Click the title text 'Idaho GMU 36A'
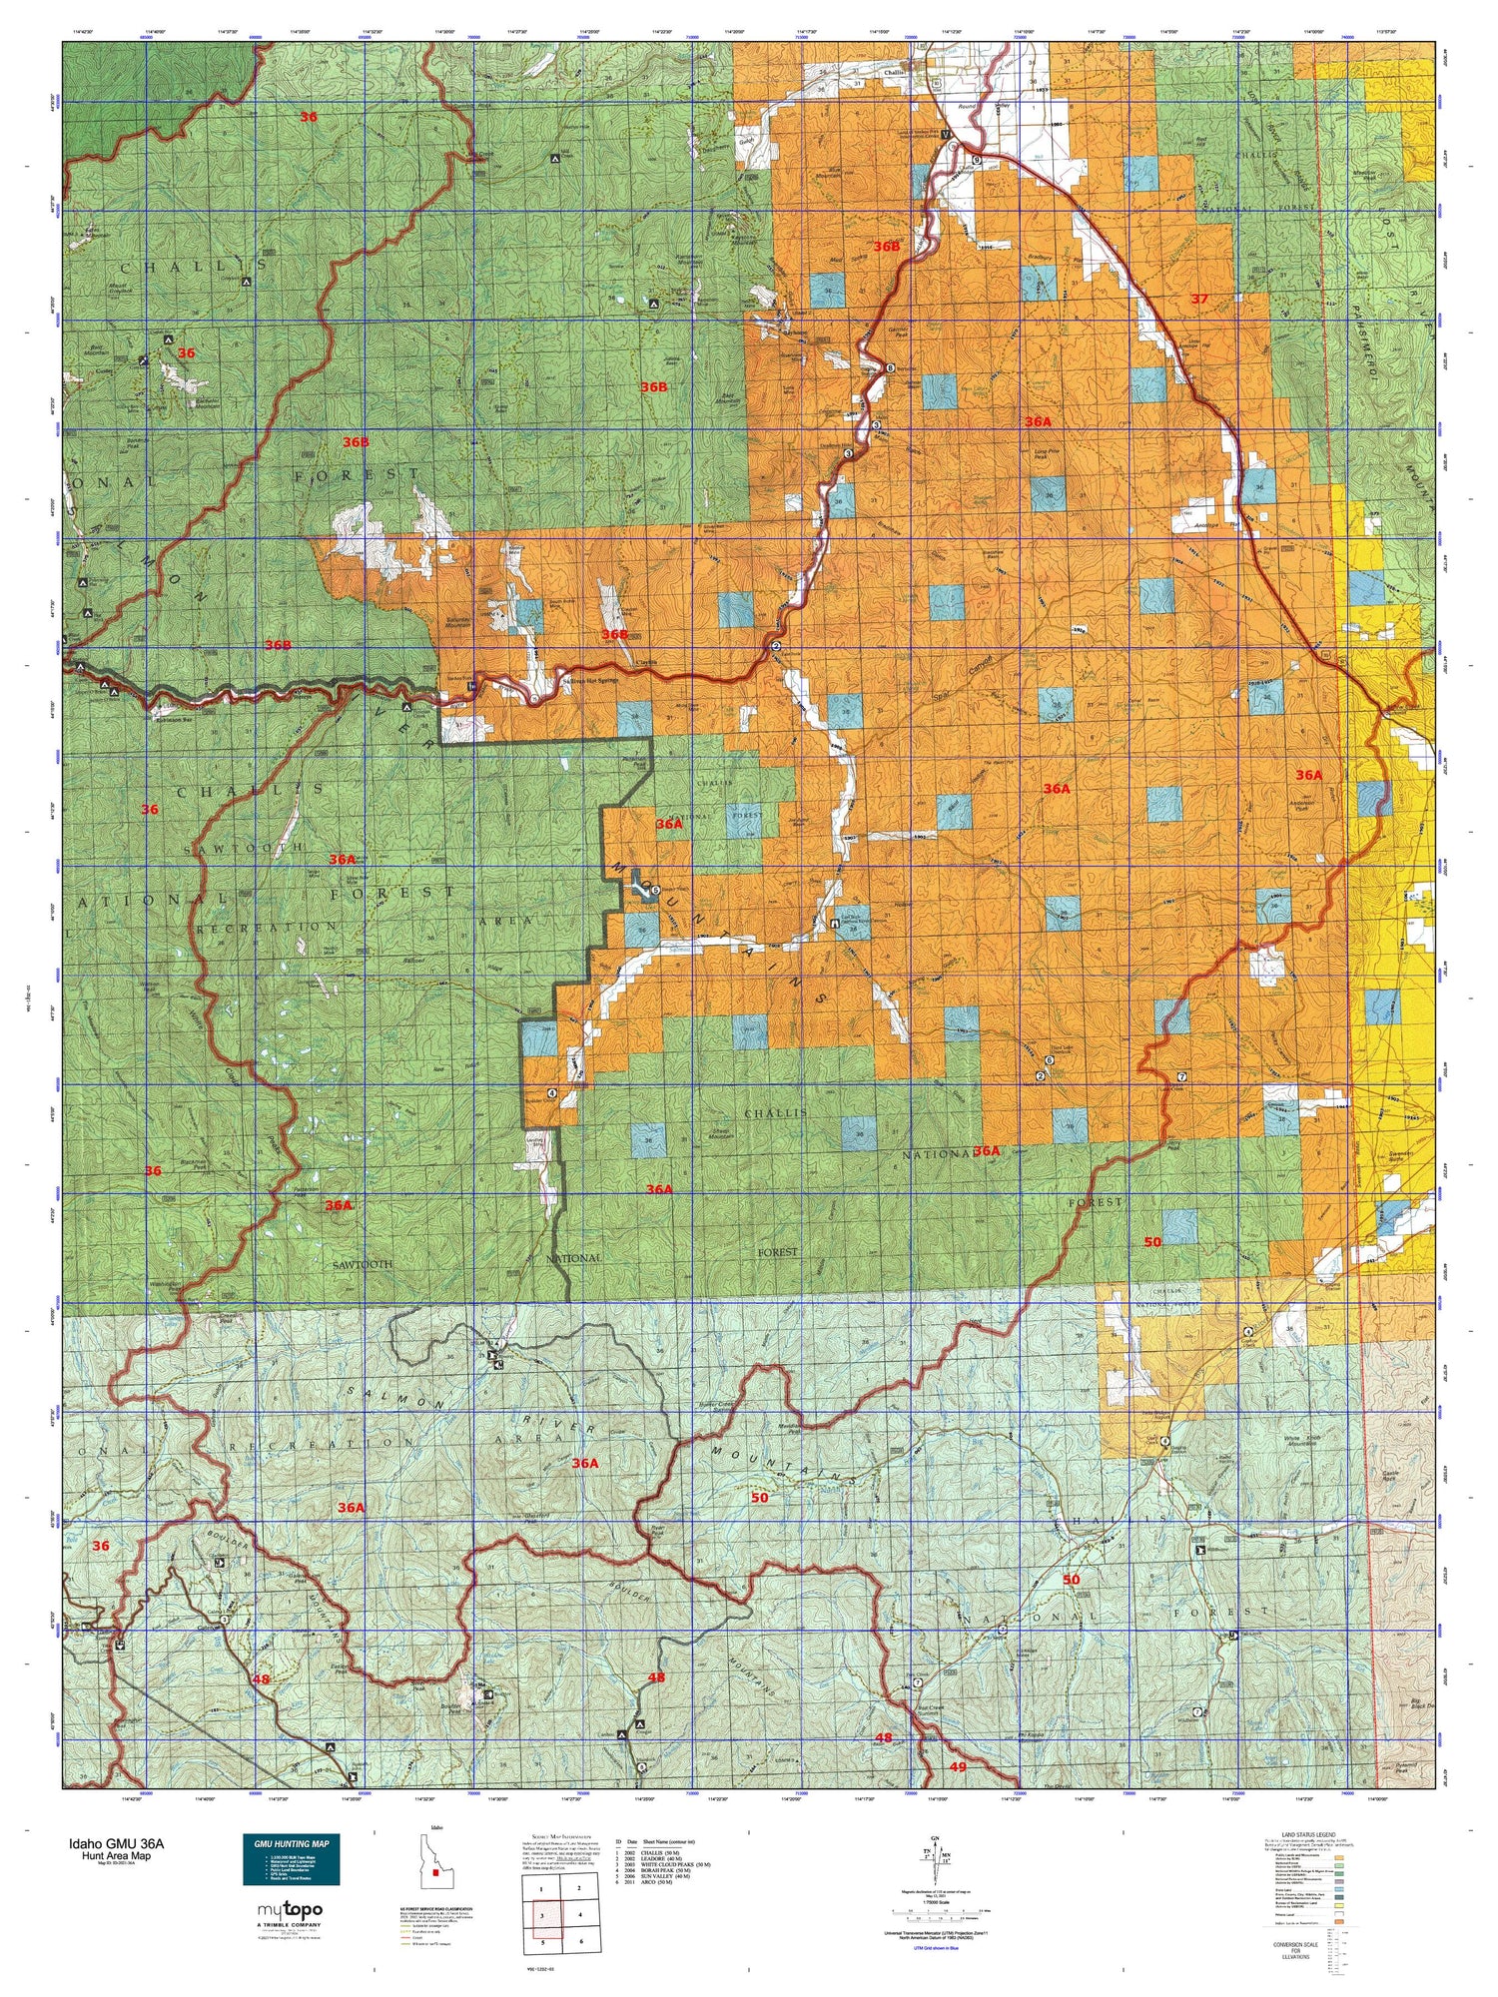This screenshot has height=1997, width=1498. point(116,1844)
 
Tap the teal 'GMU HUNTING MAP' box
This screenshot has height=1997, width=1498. point(292,1858)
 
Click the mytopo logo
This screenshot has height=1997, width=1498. point(291,1910)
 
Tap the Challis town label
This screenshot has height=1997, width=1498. point(895,73)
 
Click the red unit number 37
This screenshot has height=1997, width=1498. point(1199,299)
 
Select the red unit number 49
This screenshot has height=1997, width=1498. point(958,1766)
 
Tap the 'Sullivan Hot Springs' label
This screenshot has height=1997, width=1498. point(589,681)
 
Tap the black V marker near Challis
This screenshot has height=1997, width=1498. point(945,135)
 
